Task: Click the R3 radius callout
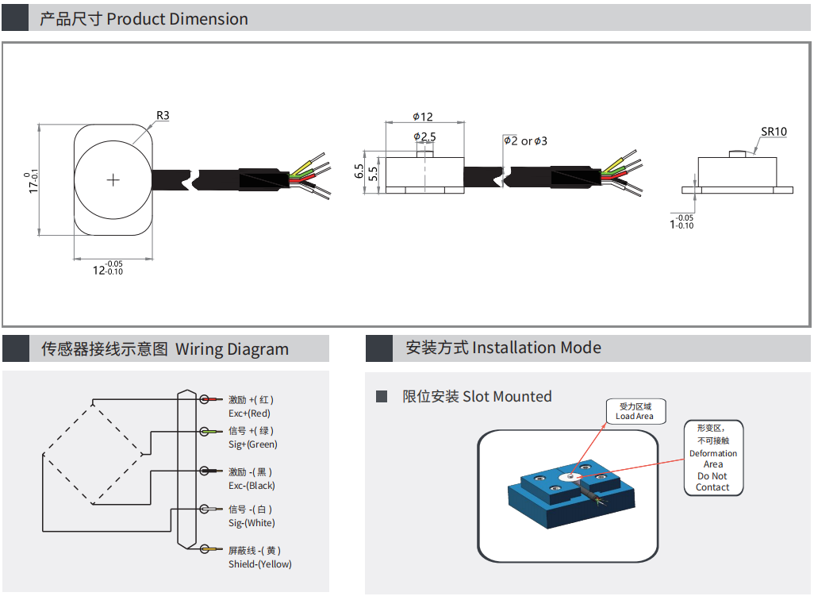click(x=163, y=116)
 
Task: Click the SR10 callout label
click(x=774, y=133)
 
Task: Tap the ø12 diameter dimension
click(x=423, y=117)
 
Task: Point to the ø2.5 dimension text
click(x=425, y=137)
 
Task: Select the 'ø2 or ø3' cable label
click(x=525, y=141)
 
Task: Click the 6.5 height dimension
click(x=359, y=171)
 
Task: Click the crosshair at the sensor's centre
click(x=113, y=180)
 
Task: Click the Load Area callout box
click(x=635, y=411)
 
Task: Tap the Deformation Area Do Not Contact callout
click(x=712, y=459)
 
